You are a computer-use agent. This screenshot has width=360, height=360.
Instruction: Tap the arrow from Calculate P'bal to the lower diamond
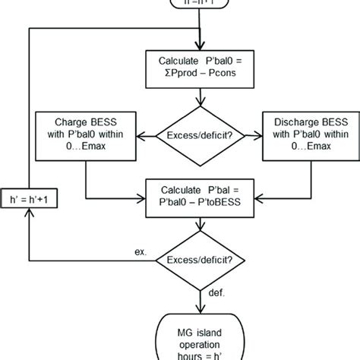pos(199,228)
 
